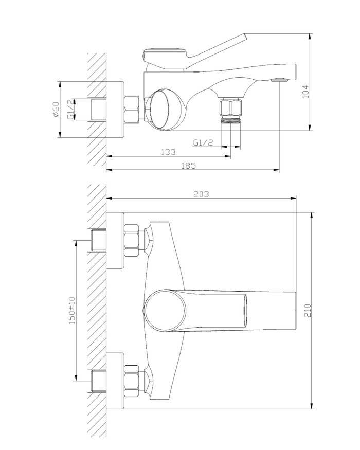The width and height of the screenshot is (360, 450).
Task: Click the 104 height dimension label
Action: click(x=306, y=91)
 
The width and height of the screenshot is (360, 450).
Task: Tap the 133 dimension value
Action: click(x=168, y=152)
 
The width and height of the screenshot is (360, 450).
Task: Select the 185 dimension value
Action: click(x=188, y=166)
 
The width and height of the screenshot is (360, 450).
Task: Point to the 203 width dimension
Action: click(x=201, y=194)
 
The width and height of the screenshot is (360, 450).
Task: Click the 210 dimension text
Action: click(x=308, y=310)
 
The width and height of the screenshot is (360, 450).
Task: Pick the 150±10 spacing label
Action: click(x=72, y=311)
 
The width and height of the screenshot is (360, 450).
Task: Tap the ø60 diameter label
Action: click(x=56, y=110)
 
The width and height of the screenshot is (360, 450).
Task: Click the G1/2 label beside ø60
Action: click(x=70, y=109)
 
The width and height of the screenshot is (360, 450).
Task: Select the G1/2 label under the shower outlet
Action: click(x=203, y=142)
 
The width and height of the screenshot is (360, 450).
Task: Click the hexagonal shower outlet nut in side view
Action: click(x=230, y=107)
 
